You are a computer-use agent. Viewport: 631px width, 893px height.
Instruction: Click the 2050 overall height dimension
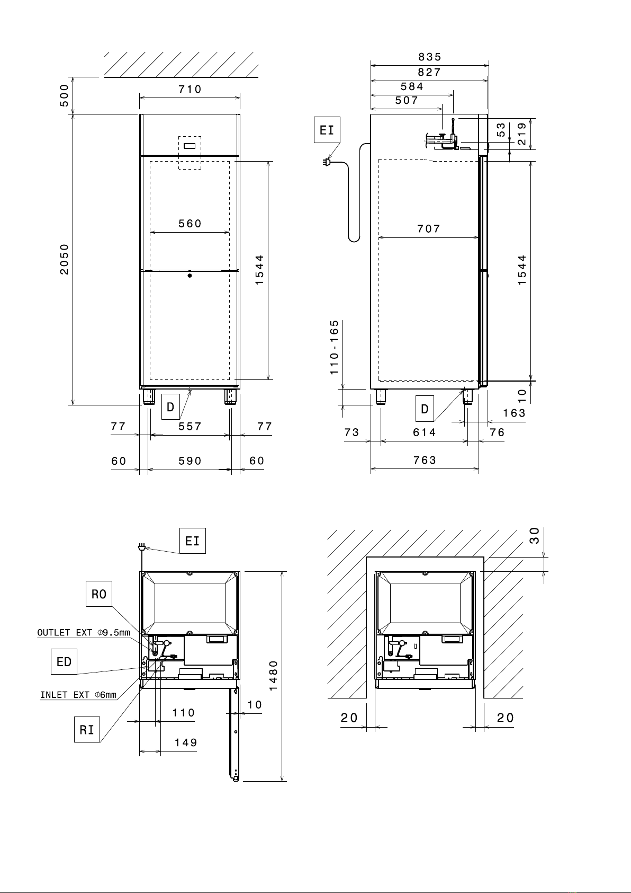65,260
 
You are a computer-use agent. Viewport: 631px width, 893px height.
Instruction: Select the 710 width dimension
190,89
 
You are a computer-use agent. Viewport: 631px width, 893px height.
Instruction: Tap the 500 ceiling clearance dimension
64,96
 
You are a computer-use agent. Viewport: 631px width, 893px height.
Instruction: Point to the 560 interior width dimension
190,224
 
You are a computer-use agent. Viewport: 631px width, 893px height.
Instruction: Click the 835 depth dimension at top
430,57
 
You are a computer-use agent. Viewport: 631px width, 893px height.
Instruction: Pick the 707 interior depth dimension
429,229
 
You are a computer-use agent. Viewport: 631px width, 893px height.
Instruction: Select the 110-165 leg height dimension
335,347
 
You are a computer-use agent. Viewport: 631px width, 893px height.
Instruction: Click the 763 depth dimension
425,461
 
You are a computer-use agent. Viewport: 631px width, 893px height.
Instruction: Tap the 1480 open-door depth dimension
273,676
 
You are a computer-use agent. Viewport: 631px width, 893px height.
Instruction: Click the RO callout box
99,594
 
